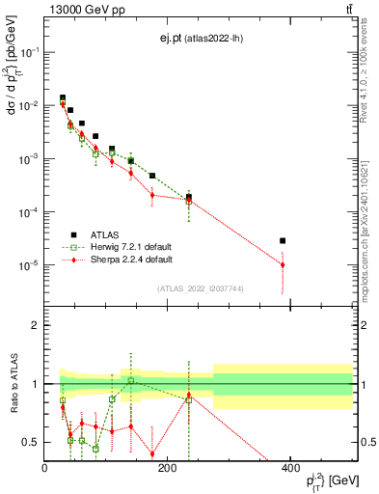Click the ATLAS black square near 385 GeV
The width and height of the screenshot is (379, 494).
(283, 240)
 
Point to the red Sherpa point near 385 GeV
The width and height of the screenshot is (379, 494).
(283, 264)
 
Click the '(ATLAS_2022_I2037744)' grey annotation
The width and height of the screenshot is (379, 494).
(199, 288)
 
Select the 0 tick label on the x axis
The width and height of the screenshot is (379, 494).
(45, 468)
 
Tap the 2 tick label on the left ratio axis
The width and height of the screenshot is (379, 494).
(35, 325)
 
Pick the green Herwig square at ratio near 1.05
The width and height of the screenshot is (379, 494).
(131, 380)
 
